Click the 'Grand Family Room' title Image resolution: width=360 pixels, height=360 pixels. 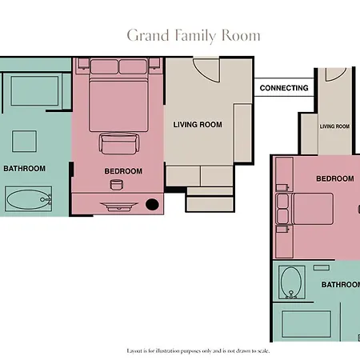[x=194, y=36]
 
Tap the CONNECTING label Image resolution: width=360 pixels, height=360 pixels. [x=284, y=88]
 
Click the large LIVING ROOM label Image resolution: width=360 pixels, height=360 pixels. [x=198, y=125]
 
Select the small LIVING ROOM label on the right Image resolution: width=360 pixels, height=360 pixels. [x=334, y=126]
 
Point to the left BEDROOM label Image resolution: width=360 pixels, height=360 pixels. [x=123, y=171]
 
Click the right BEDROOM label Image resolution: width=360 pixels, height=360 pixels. [x=335, y=178]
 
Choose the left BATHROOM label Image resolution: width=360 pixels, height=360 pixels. [x=24, y=169]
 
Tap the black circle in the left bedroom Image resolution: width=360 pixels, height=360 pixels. [x=152, y=204]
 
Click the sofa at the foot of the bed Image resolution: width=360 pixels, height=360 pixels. [x=119, y=143]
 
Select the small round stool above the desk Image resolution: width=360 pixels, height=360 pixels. [x=117, y=185]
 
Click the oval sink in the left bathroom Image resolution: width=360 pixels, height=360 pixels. [x=29, y=199]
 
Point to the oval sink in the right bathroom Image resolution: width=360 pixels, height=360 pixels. [x=291, y=282]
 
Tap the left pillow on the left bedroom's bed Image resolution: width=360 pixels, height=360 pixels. [x=104, y=66]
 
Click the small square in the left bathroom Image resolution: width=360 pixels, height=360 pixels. [x=24, y=142]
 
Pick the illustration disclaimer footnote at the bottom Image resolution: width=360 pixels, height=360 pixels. [x=198, y=351]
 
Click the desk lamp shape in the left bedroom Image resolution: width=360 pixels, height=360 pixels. [x=119, y=206]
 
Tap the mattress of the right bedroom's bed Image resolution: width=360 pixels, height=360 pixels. [x=314, y=209]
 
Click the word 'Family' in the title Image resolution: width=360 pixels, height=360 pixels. [x=195, y=36]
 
